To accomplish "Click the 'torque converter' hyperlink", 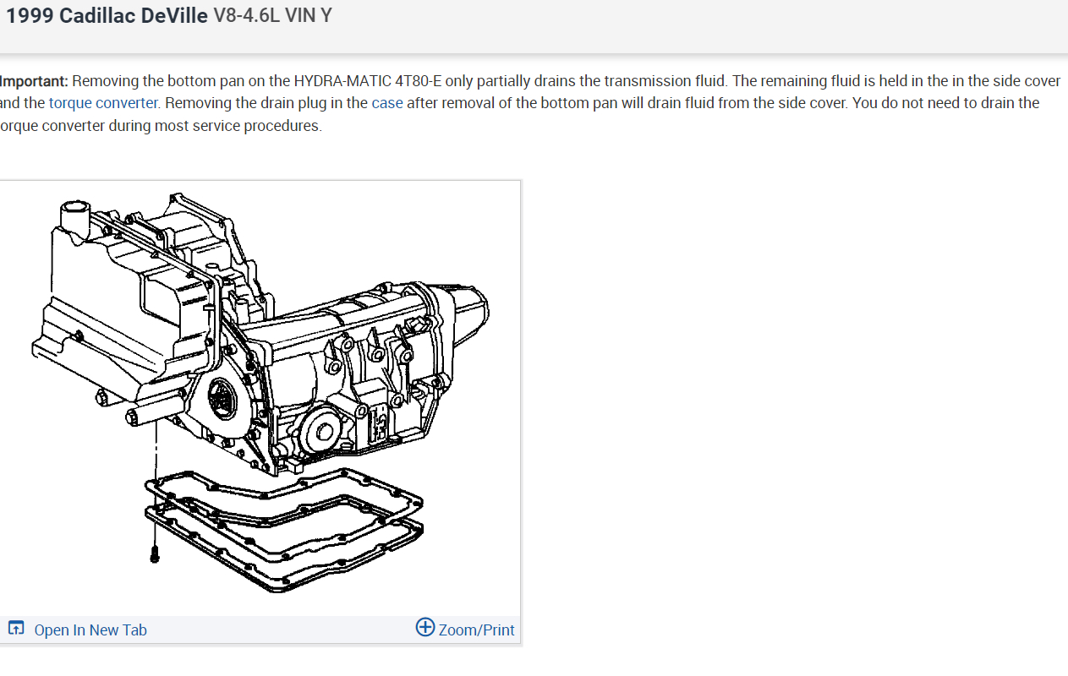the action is tap(103, 103).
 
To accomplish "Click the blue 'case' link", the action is tap(387, 103).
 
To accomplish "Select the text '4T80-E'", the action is tap(418, 81).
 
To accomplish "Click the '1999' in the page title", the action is tap(30, 16).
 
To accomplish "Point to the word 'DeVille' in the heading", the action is tap(174, 16).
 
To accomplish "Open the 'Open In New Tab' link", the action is tap(90, 630).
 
